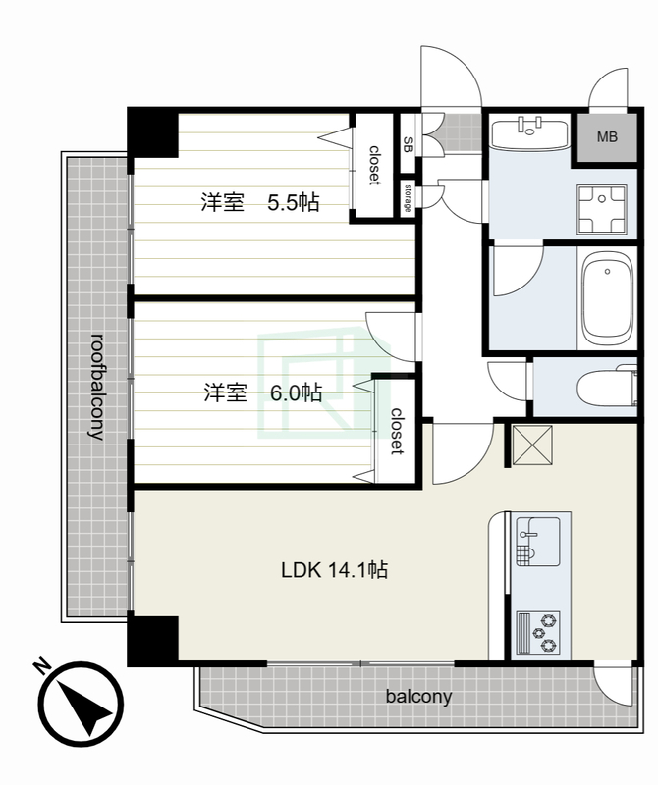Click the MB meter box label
click(x=607, y=136)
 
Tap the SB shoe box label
click(x=409, y=145)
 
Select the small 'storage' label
click(x=408, y=198)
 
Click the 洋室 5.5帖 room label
click(x=260, y=202)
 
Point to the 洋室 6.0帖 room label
click(x=262, y=392)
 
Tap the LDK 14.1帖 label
click(x=334, y=570)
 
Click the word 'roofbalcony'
click(x=97, y=386)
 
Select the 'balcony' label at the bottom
click(x=419, y=697)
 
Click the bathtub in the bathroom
click(x=607, y=298)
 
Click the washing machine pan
click(x=602, y=209)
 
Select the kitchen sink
click(x=538, y=542)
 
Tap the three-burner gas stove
click(x=538, y=633)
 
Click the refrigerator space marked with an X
click(x=532, y=445)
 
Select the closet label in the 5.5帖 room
click(x=374, y=165)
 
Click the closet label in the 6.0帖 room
click(x=397, y=431)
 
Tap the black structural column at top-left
click(x=153, y=132)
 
